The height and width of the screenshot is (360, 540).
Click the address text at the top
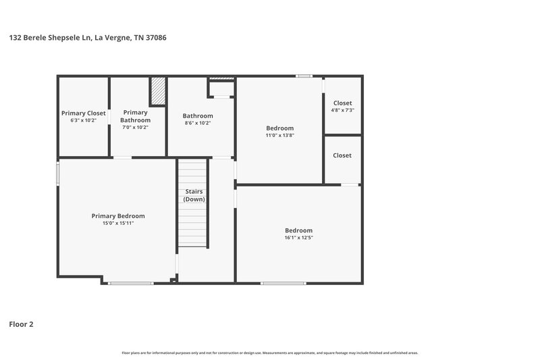click(88, 38)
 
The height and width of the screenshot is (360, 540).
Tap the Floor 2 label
click(21, 324)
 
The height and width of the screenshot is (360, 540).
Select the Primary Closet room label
click(84, 113)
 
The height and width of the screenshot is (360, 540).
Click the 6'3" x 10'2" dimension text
click(84, 120)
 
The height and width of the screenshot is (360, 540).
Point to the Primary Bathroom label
click(135, 116)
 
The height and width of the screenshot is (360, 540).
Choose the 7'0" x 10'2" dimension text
click(135, 127)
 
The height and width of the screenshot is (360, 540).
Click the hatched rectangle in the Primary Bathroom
click(158, 91)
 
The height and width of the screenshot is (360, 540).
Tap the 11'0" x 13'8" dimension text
click(279, 135)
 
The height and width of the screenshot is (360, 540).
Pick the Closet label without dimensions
click(342, 155)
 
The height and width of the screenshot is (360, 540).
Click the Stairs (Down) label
click(194, 195)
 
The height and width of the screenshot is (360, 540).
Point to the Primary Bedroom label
click(118, 216)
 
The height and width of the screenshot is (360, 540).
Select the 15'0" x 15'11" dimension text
click(118, 223)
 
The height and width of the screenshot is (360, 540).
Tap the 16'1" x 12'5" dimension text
click(298, 237)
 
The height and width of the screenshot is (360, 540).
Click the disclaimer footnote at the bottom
click(270, 353)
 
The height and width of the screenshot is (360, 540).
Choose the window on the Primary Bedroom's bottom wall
click(130, 283)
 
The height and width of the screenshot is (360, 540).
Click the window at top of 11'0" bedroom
click(304, 76)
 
